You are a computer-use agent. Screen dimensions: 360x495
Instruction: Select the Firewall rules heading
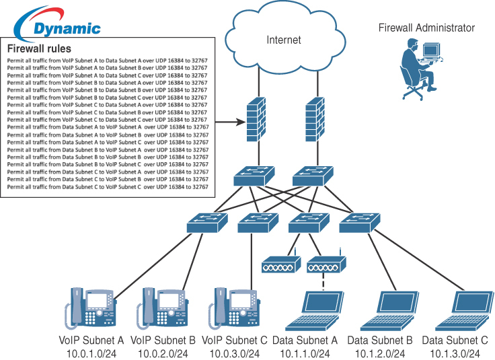click(39, 49)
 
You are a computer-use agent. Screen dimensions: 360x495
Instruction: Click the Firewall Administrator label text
click(426, 28)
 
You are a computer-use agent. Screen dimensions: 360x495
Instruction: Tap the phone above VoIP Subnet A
click(90, 307)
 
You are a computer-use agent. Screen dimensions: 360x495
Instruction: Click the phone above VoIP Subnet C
click(236, 307)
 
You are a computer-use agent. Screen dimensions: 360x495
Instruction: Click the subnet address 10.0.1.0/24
click(92, 353)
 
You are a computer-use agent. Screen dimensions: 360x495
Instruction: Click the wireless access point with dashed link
click(325, 265)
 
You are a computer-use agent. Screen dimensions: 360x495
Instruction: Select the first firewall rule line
click(108, 60)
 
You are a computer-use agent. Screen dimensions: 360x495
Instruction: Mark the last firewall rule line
click(108, 187)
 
